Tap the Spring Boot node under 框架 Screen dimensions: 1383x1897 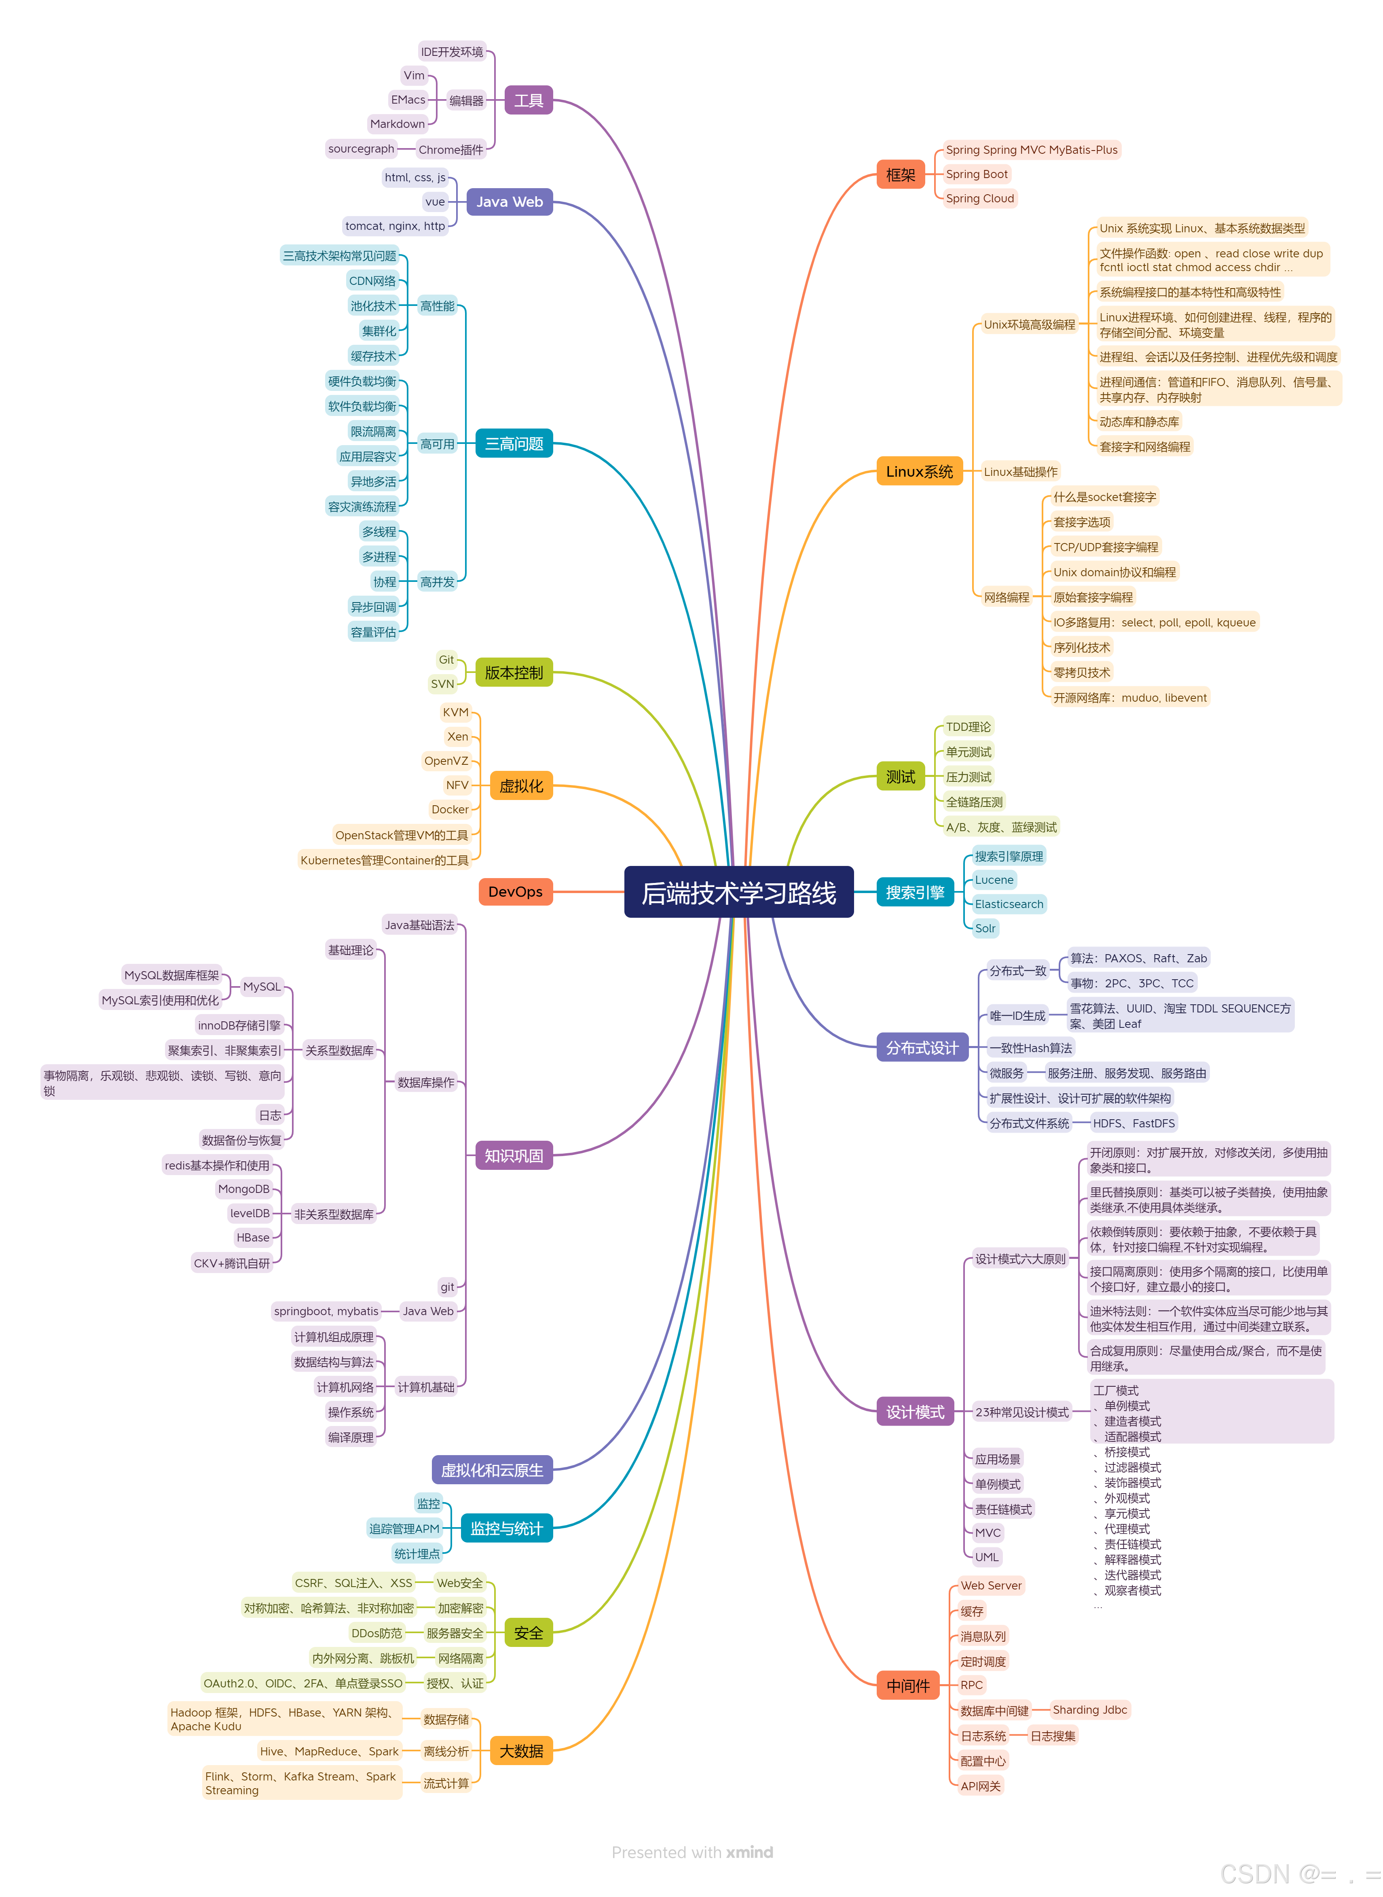pos(976,174)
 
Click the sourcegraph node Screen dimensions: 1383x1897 pos(361,149)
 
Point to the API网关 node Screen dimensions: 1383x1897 pos(980,1786)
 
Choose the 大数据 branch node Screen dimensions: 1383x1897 pos(521,1751)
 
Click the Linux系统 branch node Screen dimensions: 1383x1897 pos(919,471)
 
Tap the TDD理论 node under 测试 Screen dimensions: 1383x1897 pos(968,727)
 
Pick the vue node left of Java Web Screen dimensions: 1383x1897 pos(436,202)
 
